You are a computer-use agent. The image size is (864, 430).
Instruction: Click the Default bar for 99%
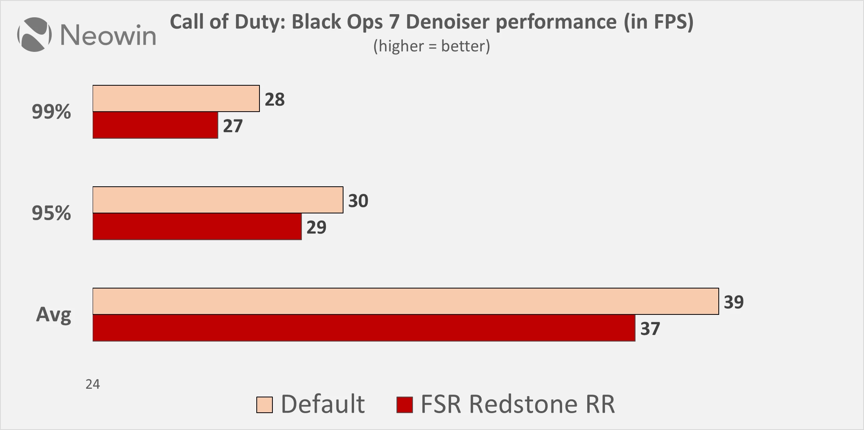click(176, 98)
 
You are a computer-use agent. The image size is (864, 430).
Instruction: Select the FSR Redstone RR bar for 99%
click(155, 125)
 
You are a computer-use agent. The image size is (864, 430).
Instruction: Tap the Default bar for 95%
click(218, 200)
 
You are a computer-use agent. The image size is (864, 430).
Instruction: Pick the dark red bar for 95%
click(197, 226)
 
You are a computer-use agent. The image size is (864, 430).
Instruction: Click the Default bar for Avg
click(406, 301)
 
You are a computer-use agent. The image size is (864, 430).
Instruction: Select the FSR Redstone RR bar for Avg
click(364, 328)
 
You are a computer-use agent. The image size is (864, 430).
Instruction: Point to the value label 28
click(274, 99)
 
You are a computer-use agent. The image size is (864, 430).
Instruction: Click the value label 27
click(233, 126)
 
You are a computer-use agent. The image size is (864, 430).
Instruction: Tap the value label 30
click(358, 201)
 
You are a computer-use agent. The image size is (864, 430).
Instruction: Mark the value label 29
click(316, 228)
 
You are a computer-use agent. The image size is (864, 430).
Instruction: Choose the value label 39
click(734, 302)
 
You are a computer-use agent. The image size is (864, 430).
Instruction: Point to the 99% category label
click(51, 112)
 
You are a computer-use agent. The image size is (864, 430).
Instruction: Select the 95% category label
click(51, 213)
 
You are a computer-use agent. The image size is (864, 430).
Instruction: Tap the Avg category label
click(54, 315)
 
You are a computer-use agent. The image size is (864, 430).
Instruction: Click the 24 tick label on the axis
click(93, 384)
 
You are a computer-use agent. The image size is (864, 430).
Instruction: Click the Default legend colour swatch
click(265, 405)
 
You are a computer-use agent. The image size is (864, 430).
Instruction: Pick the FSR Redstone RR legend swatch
click(405, 405)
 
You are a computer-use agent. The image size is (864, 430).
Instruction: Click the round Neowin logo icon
click(35, 35)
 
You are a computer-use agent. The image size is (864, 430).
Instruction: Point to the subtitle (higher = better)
click(431, 46)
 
